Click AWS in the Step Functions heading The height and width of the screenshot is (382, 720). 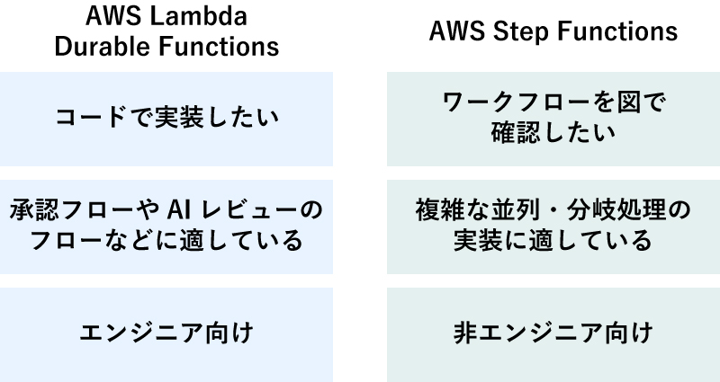click(x=456, y=32)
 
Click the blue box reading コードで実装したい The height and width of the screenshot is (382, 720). click(x=166, y=119)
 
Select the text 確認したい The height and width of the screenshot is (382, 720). click(x=553, y=133)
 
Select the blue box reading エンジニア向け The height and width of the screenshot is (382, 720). click(x=166, y=333)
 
